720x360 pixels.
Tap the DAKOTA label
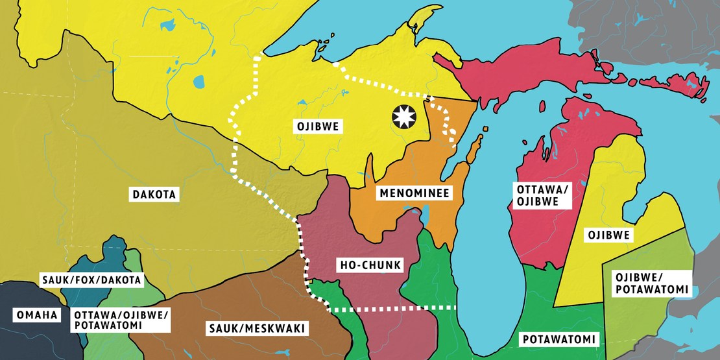(154, 193)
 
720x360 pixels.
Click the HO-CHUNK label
(371, 265)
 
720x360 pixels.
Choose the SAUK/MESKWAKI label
(256, 328)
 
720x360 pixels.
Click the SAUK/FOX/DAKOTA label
(91, 280)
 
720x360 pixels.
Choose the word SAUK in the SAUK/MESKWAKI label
(221, 328)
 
